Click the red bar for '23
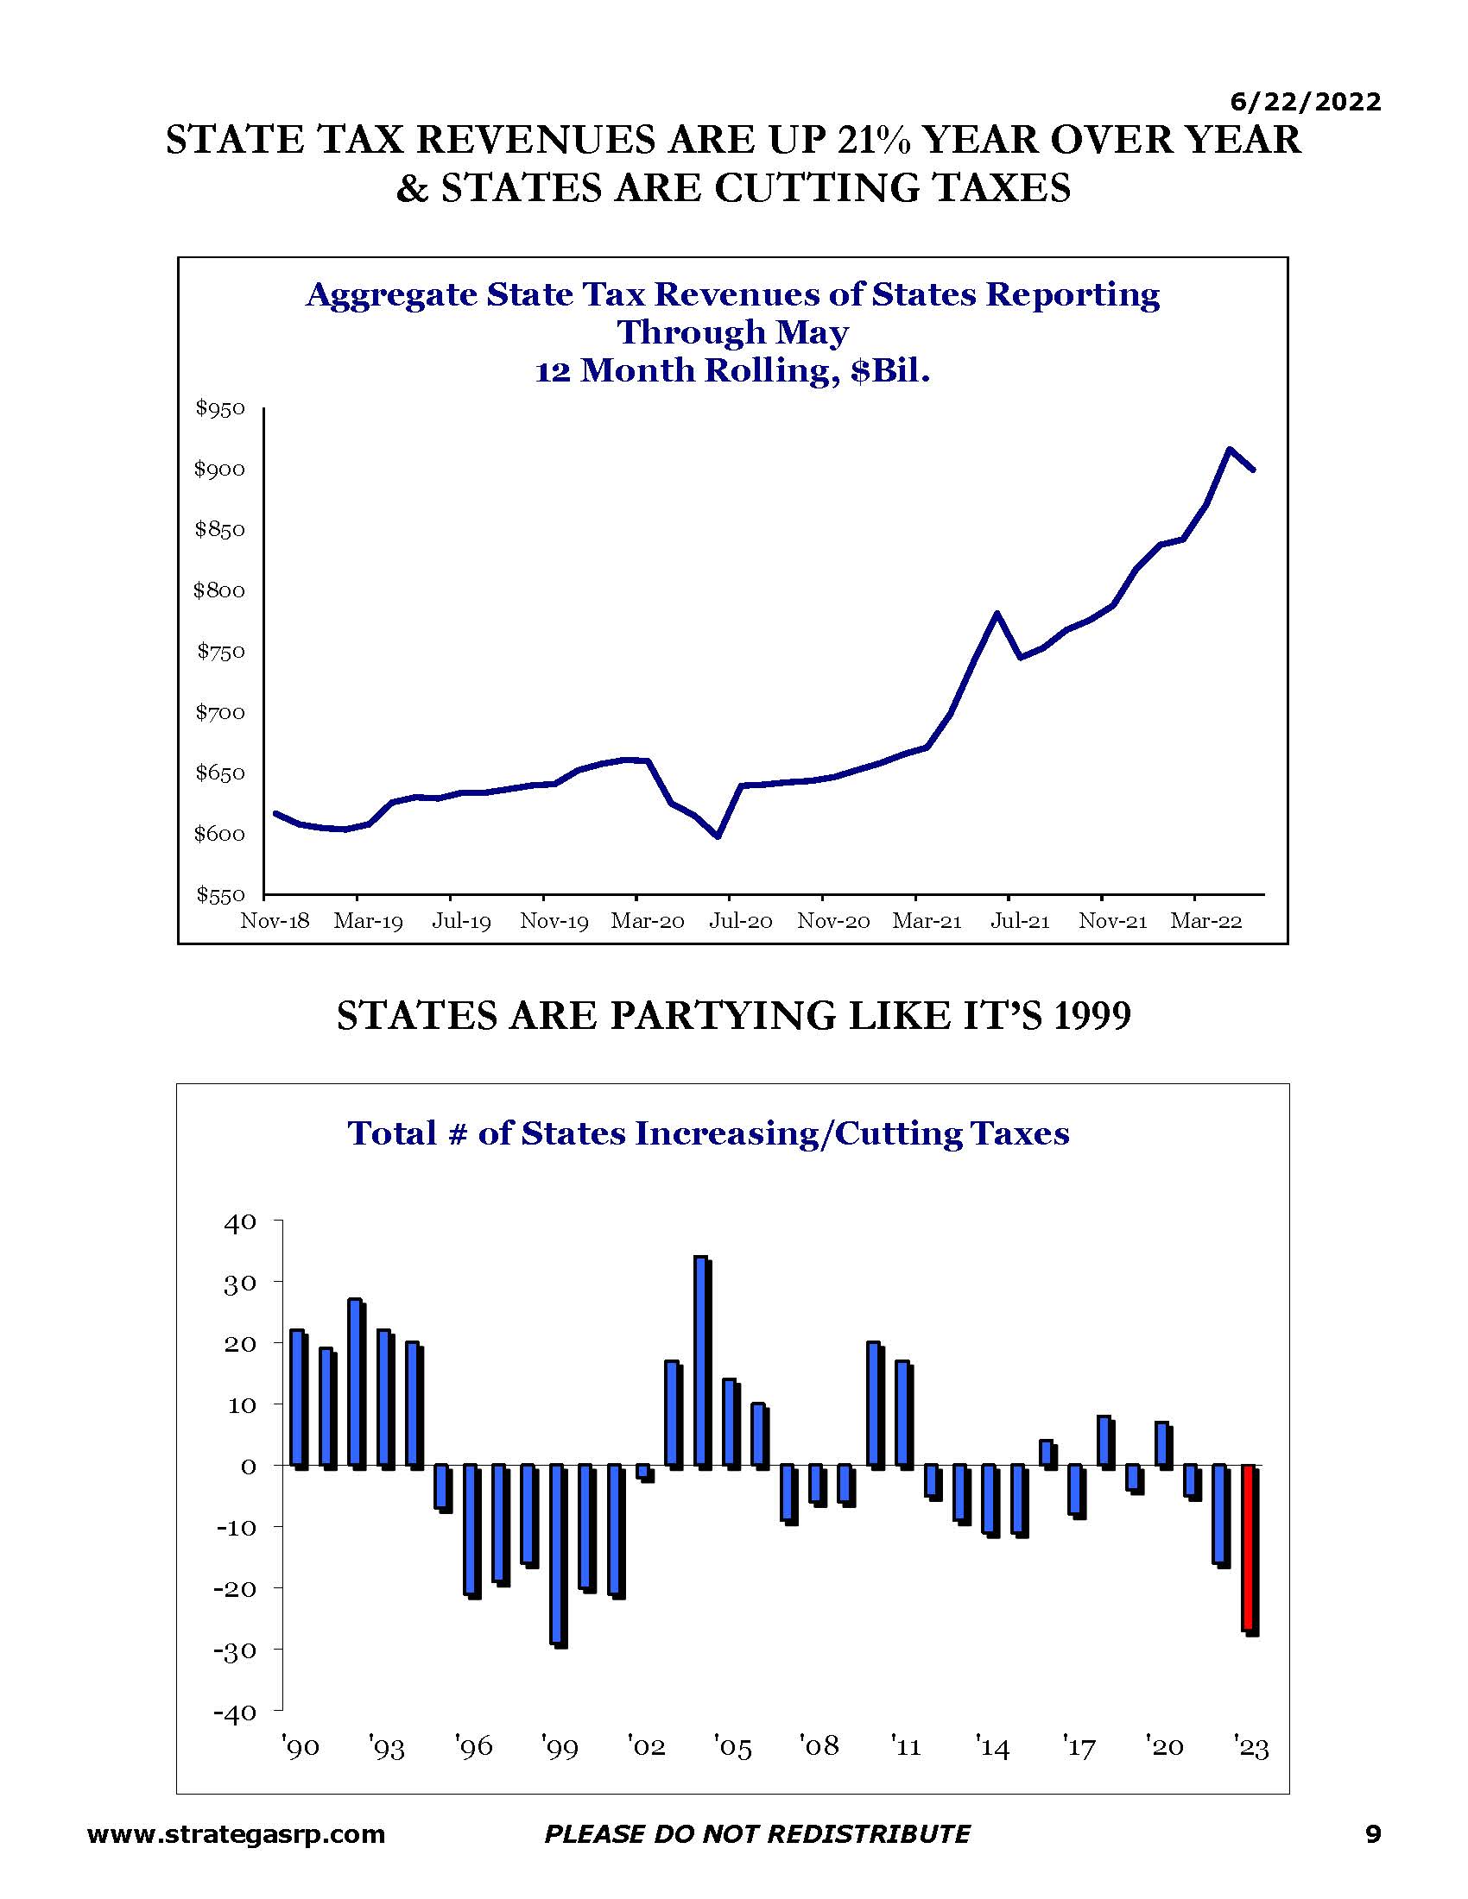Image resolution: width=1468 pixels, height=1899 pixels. click(x=1250, y=1549)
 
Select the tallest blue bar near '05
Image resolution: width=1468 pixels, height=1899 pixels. click(x=703, y=1362)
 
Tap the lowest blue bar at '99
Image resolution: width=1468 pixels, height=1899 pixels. click(x=559, y=1555)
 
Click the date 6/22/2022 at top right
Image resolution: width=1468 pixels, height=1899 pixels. click(x=1306, y=102)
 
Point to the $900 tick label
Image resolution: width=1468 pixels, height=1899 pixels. click(x=219, y=470)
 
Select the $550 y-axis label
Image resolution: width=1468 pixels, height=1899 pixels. click(x=220, y=895)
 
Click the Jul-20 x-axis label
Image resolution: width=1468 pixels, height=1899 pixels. click(x=740, y=922)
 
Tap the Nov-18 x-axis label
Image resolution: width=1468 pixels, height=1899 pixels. click(x=275, y=922)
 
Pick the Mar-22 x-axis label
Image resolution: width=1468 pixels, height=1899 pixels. click(x=1205, y=922)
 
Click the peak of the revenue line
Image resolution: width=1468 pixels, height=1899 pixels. click(x=1229, y=449)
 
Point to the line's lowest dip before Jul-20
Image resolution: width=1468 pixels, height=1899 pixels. click(x=718, y=836)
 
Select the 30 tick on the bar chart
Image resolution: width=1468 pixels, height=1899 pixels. click(x=240, y=1284)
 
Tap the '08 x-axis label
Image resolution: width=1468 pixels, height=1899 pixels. click(x=819, y=1746)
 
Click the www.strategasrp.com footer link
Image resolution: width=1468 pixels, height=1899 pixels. click(x=237, y=1834)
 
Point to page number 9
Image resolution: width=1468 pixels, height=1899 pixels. click(x=1373, y=1833)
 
